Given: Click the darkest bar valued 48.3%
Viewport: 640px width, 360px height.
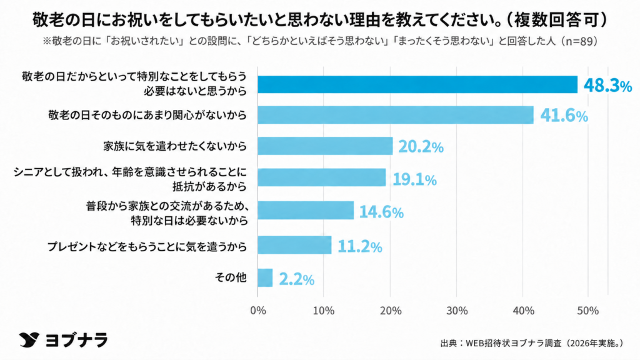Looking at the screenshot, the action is [417, 84].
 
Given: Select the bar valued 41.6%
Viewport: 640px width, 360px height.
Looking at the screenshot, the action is [396, 115].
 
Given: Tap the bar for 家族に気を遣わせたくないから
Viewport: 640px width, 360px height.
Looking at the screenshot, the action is [325, 146].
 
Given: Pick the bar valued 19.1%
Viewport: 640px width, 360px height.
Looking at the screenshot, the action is [322, 177].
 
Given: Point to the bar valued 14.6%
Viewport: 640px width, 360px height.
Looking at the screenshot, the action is [306, 210].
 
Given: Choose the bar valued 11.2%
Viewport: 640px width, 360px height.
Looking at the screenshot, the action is [294, 245].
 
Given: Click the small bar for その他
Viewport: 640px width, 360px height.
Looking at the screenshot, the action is [265, 277].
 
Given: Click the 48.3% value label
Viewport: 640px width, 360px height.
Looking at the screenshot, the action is [607, 86].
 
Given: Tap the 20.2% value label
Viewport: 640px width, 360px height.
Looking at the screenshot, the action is [421, 146].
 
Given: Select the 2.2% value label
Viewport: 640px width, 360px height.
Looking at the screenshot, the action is [297, 279].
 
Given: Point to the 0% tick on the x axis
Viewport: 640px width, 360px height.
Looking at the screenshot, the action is [258, 311].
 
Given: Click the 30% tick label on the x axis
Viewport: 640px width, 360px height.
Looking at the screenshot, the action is [457, 311].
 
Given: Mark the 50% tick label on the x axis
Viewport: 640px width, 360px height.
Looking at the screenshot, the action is [588, 311].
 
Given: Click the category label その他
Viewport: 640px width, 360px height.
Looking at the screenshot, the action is [231, 277].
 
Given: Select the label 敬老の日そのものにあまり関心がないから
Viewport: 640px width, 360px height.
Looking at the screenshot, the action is [147, 115].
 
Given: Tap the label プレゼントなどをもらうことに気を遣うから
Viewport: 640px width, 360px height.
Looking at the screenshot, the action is [147, 246].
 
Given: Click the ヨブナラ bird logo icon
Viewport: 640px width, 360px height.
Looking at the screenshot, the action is [29, 339].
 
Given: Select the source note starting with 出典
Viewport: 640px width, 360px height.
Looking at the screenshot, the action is [532, 343].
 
